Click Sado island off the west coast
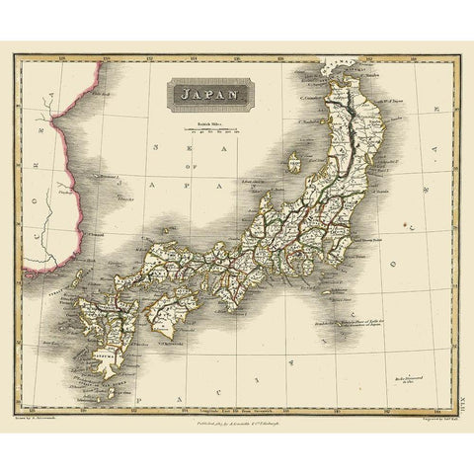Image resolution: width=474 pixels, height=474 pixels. pos(293,160)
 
